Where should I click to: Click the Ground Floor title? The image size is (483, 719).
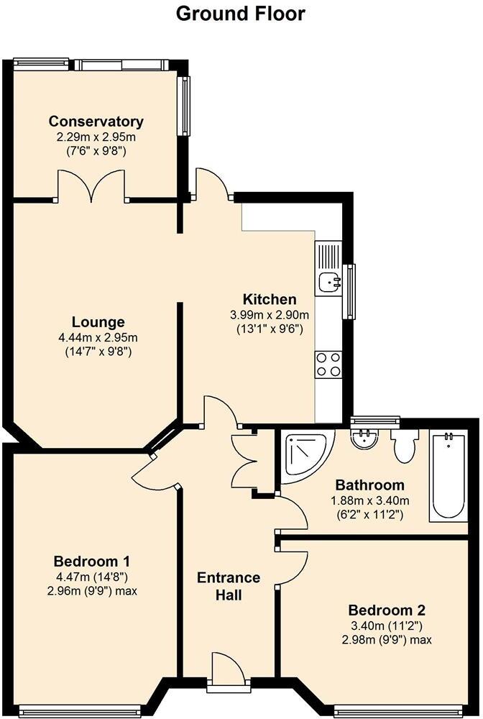(x=240, y=14)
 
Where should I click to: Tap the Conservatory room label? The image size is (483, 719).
(x=96, y=122)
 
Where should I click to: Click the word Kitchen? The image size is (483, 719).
(x=270, y=299)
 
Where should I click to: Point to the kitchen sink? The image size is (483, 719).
(x=330, y=280)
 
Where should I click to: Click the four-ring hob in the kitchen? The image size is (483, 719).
(x=328, y=364)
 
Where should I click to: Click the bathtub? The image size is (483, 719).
(x=447, y=476)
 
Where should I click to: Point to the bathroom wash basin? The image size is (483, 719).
(x=366, y=438)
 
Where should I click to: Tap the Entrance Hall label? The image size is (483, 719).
(x=229, y=586)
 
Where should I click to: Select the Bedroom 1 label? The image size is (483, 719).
(x=92, y=561)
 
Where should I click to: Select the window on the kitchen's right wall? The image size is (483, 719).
(x=351, y=291)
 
